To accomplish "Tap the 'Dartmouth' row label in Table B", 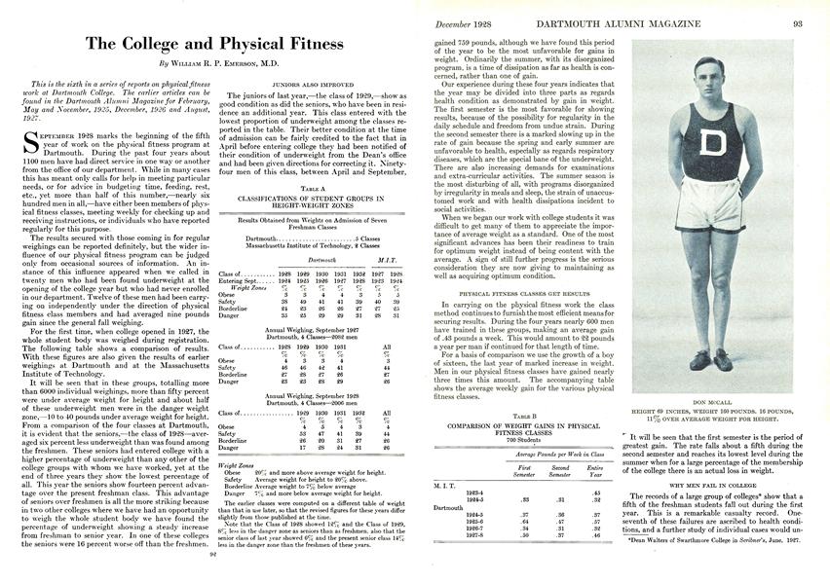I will pyautogui.click(x=449, y=507).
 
